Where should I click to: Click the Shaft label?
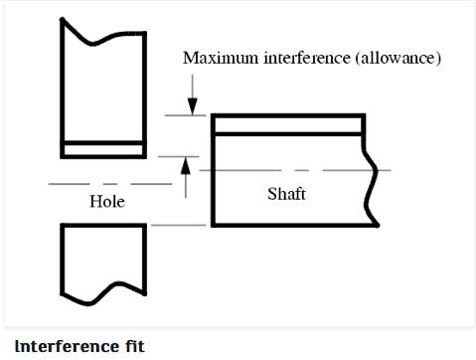pyautogui.click(x=286, y=193)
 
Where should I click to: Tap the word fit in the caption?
pyautogui.click(x=132, y=346)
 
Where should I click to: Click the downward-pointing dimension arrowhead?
pyautogui.click(x=193, y=107)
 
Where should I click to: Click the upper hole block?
pyautogui.click(x=104, y=90)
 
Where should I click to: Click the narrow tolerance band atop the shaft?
pyautogui.click(x=288, y=124)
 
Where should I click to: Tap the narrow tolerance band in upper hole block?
pyautogui.click(x=104, y=149)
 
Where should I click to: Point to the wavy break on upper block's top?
pyautogui.click(x=104, y=33)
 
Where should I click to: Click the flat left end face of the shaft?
pyautogui.click(x=212, y=169)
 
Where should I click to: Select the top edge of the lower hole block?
pyautogui.click(x=104, y=224)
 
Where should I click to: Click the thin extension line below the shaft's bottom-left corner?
pyautogui.click(x=179, y=226)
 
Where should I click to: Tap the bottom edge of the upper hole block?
pyautogui.click(x=104, y=157)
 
